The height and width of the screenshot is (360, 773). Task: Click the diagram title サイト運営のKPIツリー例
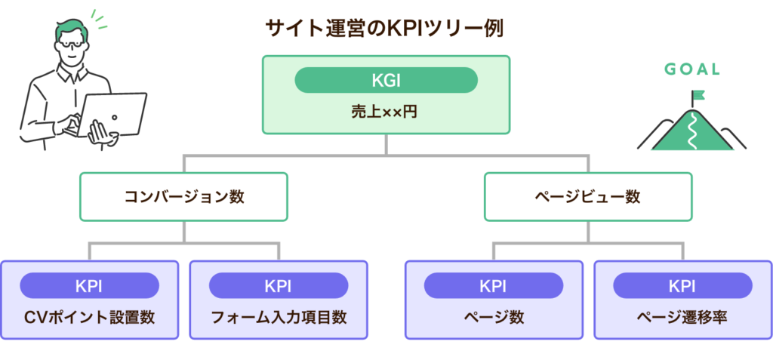385,29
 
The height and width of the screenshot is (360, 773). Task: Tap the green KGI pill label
386,80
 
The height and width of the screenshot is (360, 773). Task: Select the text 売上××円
386,112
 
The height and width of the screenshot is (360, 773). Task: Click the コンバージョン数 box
184,197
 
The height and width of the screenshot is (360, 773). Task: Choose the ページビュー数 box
587,197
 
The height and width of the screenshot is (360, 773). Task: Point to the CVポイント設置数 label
89,316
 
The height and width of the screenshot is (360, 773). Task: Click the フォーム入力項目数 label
279,316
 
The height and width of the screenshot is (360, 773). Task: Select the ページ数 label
494,316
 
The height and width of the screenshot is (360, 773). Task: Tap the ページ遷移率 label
682,316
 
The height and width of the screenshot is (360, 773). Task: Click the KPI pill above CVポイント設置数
89,286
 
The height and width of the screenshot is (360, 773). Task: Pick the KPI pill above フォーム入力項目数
279,286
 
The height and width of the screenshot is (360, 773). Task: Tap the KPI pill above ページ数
494,286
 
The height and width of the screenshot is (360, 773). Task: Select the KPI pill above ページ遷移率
682,286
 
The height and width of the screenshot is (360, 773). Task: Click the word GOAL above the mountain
692,70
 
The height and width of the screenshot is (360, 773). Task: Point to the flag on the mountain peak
698,96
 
